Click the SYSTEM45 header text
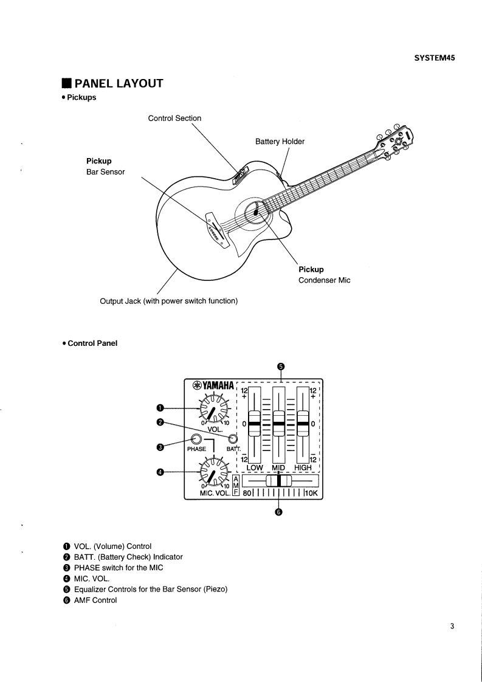click(x=435, y=58)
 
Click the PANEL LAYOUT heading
click(x=119, y=83)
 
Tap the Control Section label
click(x=174, y=118)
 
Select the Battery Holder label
click(x=280, y=142)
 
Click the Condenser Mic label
click(x=324, y=280)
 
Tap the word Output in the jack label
click(x=112, y=301)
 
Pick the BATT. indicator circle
click(x=232, y=439)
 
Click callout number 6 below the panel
click(x=279, y=512)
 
